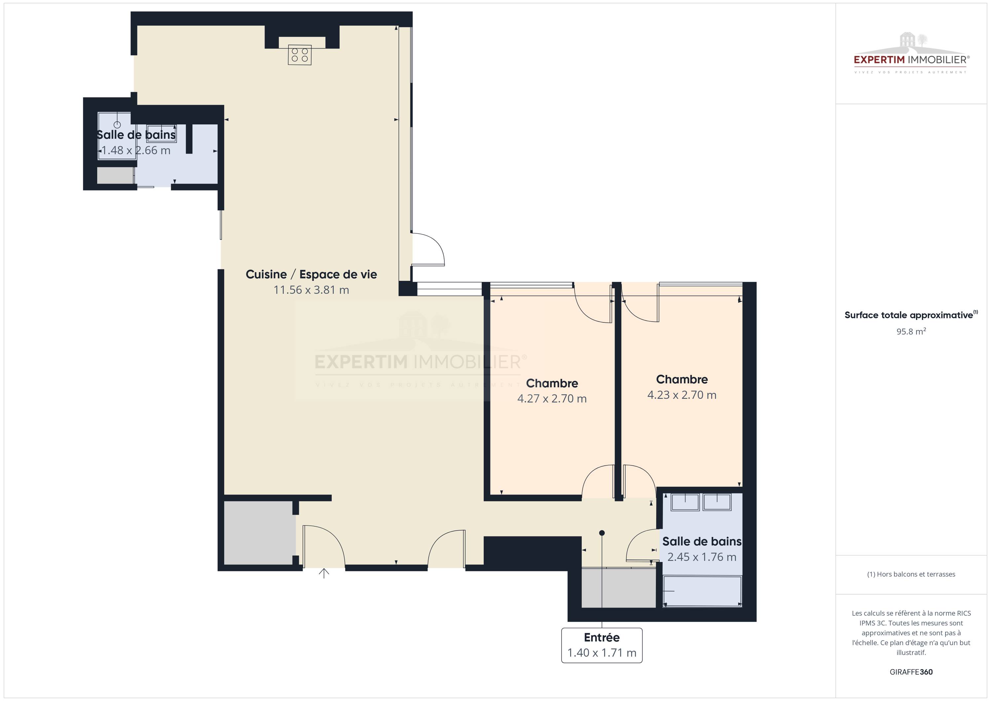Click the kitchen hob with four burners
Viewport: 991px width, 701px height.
click(300, 55)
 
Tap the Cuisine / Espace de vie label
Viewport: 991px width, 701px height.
click(311, 274)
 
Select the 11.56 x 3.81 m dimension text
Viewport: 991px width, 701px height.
click(311, 290)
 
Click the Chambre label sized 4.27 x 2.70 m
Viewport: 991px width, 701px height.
click(552, 383)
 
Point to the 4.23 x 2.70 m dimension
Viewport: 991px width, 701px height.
click(682, 395)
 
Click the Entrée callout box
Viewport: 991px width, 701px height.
click(602, 645)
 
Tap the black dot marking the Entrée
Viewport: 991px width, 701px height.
click(602, 533)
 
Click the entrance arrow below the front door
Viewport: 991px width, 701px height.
click(324, 573)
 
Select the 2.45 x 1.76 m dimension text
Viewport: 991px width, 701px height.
click(702, 557)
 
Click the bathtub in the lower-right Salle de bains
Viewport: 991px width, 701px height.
click(702, 591)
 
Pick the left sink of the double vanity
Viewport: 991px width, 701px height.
click(685, 502)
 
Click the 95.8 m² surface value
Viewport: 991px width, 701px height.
click(911, 332)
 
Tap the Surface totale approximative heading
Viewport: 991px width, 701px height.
click(911, 315)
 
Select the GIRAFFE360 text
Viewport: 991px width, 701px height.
click(911, 672)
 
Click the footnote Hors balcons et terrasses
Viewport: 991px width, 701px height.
click(911, 574)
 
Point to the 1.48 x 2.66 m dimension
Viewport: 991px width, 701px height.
click(135, 150)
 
